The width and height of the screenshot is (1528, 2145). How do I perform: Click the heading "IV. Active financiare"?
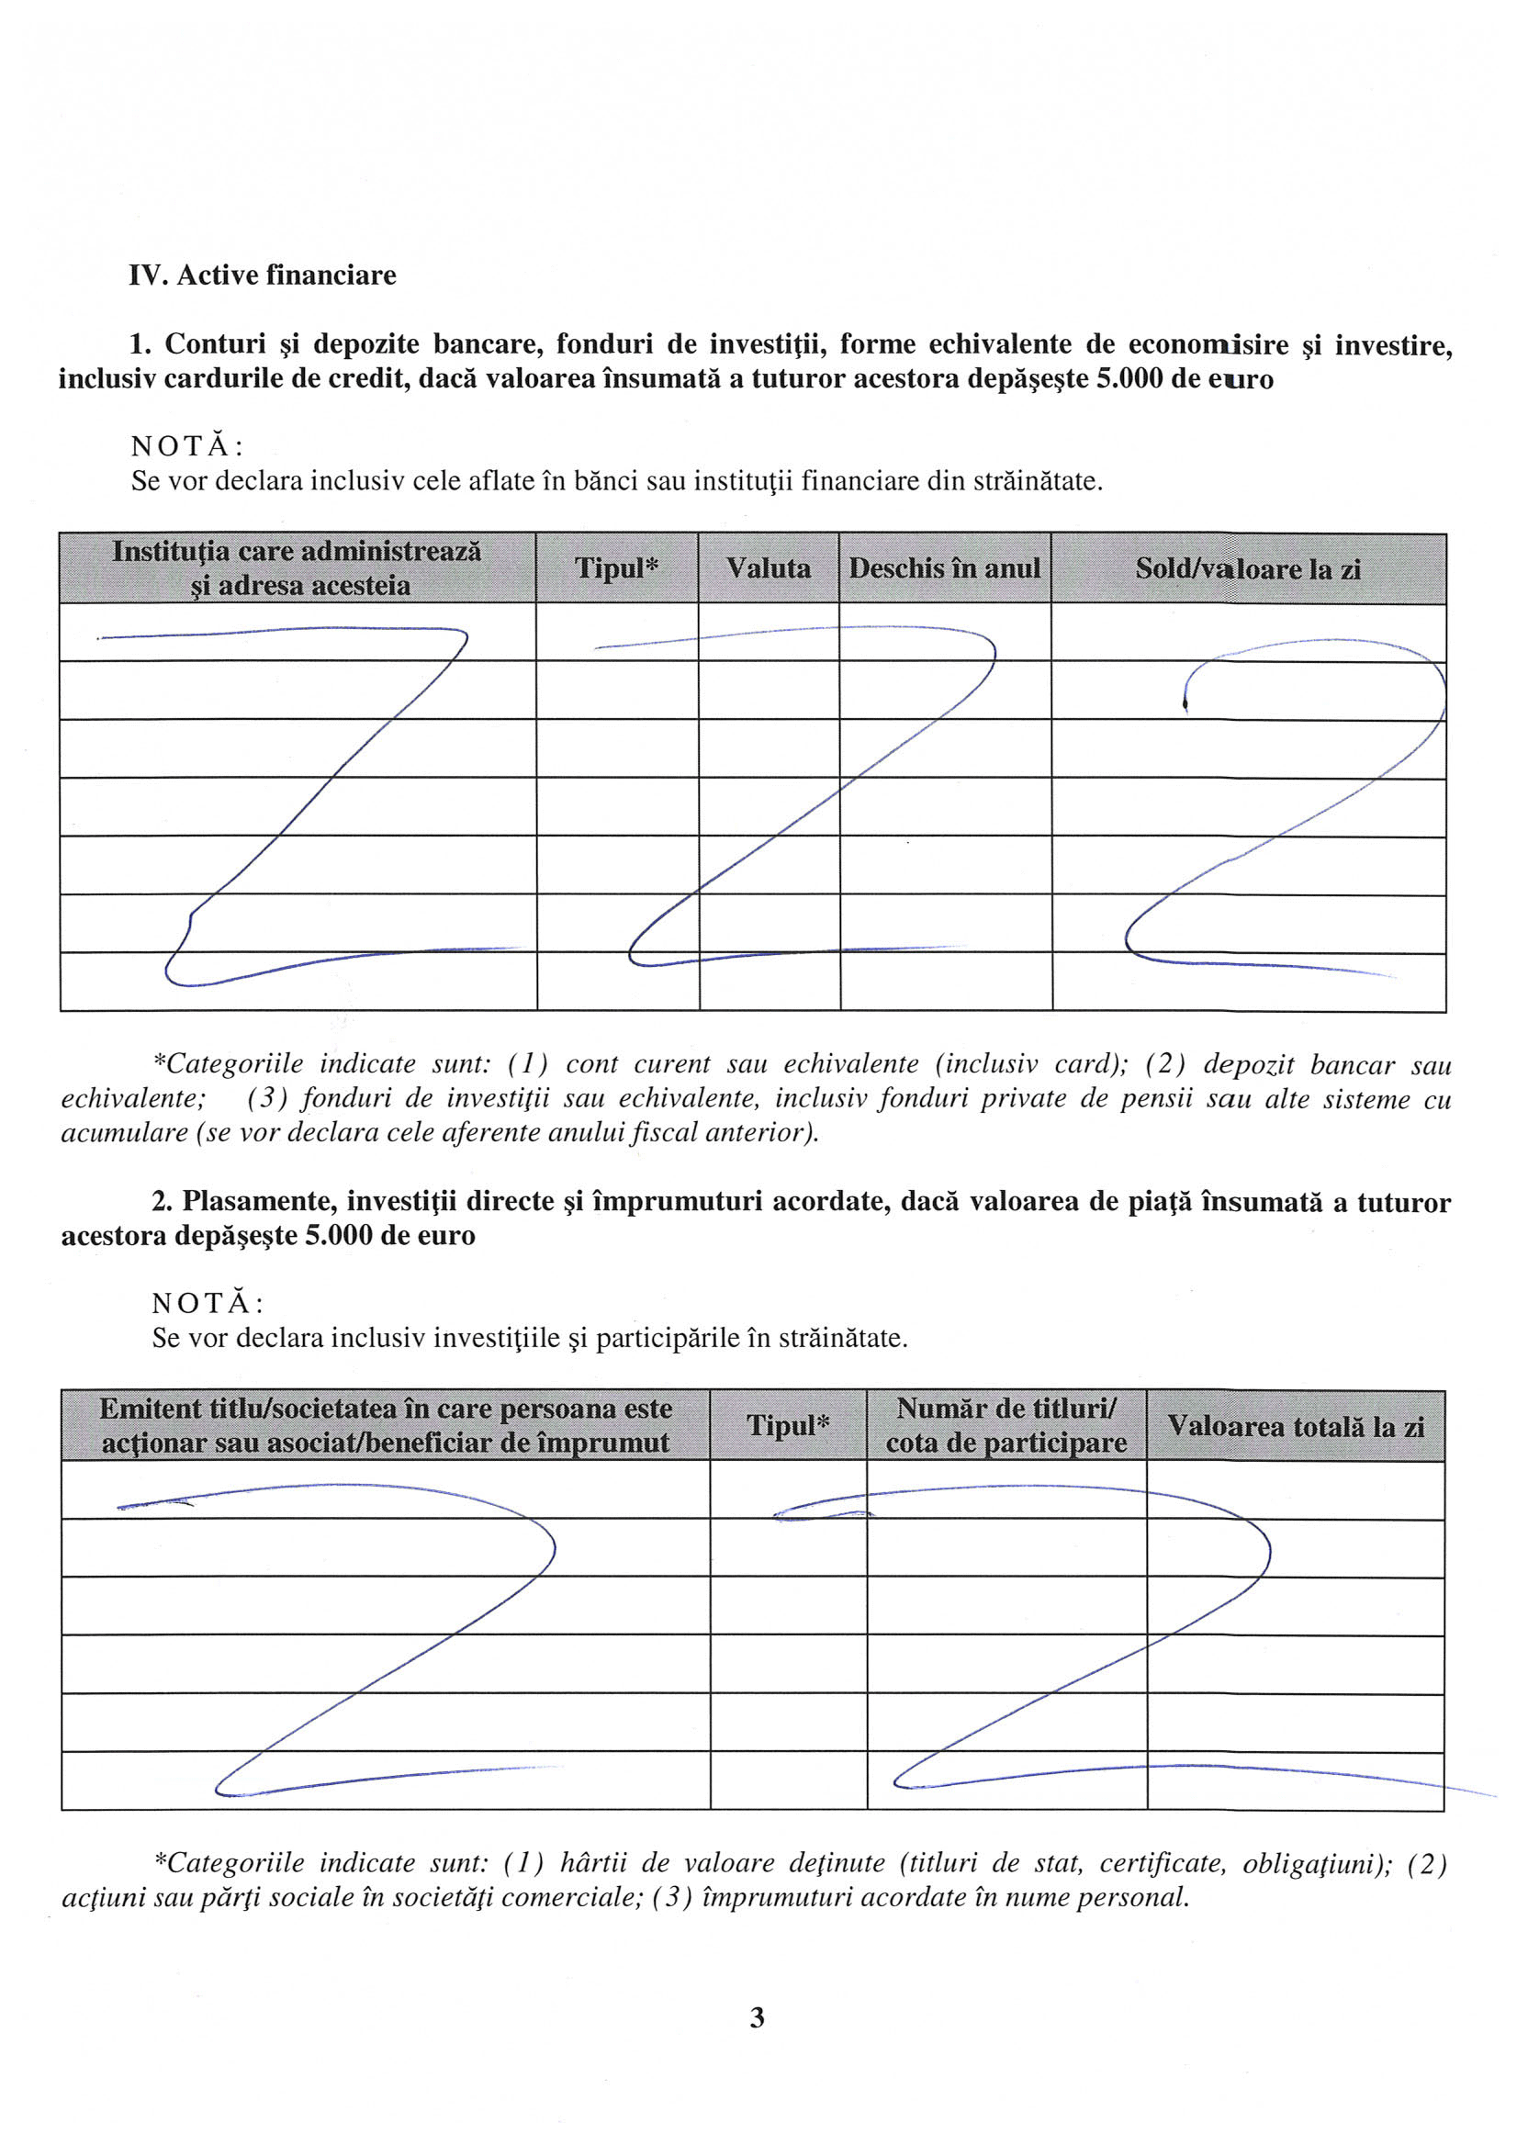tap(263, 275)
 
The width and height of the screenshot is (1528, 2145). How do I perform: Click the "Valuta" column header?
tap(768, 568)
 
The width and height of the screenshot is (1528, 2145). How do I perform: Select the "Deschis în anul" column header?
tap(945, 568)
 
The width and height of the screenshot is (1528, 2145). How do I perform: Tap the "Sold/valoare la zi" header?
tap(1248, 569)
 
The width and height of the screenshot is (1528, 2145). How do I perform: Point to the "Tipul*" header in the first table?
tap(616, 568)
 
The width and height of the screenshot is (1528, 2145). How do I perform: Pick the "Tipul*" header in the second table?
tap(789, 1425)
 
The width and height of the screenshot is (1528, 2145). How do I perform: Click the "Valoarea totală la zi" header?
tap(1296, 1426)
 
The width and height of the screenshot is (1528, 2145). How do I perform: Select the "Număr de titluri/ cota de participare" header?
tap(1006, 1425)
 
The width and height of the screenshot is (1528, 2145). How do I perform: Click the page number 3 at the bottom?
tap(758, 2017)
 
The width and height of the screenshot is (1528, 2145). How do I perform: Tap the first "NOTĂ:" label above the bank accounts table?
tap(186, 446)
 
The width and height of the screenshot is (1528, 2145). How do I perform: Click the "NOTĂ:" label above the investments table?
tap(207, 1303)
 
